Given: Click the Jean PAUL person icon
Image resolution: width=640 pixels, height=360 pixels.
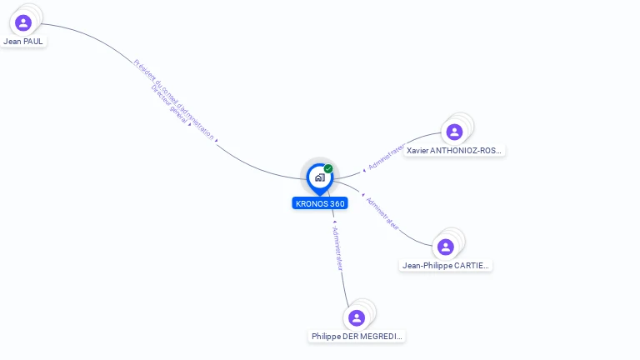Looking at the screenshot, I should [x=22, y=22].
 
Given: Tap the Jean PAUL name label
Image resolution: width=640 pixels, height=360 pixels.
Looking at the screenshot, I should [x=23, y=41].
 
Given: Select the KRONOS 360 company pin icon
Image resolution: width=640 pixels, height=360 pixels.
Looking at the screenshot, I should [x=319, y=177].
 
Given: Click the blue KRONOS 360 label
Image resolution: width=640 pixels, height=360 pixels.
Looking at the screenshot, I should [x=320, y=203].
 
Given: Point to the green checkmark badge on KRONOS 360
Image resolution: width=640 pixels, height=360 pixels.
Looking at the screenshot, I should [x=328, y=168].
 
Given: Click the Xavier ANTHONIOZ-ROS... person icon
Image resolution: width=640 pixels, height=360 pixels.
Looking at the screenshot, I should [x=454, y=132].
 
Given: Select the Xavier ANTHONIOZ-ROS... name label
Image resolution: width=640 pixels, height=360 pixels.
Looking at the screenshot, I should [x=454, y=151].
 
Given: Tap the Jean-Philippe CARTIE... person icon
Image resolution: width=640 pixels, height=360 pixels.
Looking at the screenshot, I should [x=446, y=247].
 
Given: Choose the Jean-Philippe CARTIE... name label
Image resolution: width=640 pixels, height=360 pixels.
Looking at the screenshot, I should [x=447, y=266].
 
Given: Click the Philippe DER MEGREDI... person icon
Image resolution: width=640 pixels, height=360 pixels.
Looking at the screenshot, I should [x=357, y=317].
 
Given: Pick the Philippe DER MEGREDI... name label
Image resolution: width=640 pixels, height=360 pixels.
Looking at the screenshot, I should [x=357, y=337].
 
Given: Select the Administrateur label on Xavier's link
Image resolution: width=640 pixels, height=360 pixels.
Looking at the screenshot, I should [x=387, y=157].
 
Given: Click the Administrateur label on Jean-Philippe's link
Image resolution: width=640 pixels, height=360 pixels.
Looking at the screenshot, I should [x=383, y=214].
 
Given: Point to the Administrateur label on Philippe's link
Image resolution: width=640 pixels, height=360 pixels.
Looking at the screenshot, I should [x=337, y=248].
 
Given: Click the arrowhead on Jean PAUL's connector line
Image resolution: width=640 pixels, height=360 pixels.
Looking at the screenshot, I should [x=217, y=141].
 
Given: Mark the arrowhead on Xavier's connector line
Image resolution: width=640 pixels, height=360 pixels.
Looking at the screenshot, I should [x=363, y=171].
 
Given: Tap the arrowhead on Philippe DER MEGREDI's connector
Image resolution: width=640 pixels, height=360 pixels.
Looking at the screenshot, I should [x=334, y=222].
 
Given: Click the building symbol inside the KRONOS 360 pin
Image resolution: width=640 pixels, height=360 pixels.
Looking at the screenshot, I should [x=319, y=177].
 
